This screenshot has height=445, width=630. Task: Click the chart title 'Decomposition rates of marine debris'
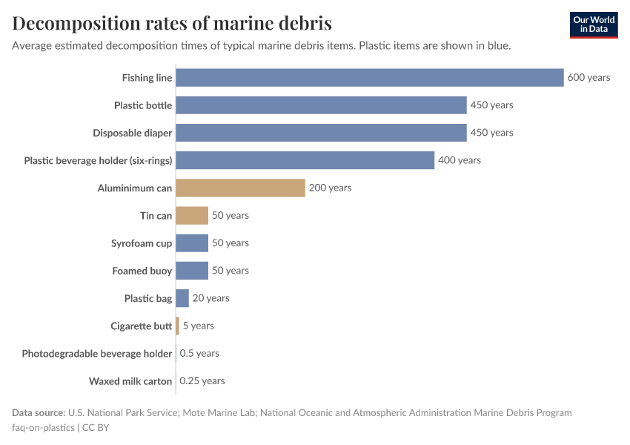(172, 23)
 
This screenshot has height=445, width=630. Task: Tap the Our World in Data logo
(593, 24)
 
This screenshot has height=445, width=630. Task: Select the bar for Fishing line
(369, 78)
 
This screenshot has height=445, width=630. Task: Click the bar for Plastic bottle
(321, 105)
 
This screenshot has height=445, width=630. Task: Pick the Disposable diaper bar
(321, 133)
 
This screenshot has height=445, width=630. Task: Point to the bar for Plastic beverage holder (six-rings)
(305, 160)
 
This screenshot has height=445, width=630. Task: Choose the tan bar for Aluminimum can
(240, 188)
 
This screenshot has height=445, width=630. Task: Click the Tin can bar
(192, 216)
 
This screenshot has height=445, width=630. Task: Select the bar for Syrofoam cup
(192, 243)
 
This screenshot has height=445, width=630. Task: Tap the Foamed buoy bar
(192, 271)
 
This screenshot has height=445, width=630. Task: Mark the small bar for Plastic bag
(182, 298)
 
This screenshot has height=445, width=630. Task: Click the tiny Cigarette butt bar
(177, 326)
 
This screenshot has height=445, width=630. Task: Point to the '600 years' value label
(588, 78)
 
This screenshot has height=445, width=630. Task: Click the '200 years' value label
(330, 188)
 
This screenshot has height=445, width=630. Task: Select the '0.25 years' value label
(202, 381)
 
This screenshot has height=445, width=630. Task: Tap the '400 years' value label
(459, 160)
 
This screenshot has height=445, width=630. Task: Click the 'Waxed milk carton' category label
(130, 381)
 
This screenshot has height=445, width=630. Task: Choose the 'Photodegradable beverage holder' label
(97, 354)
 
